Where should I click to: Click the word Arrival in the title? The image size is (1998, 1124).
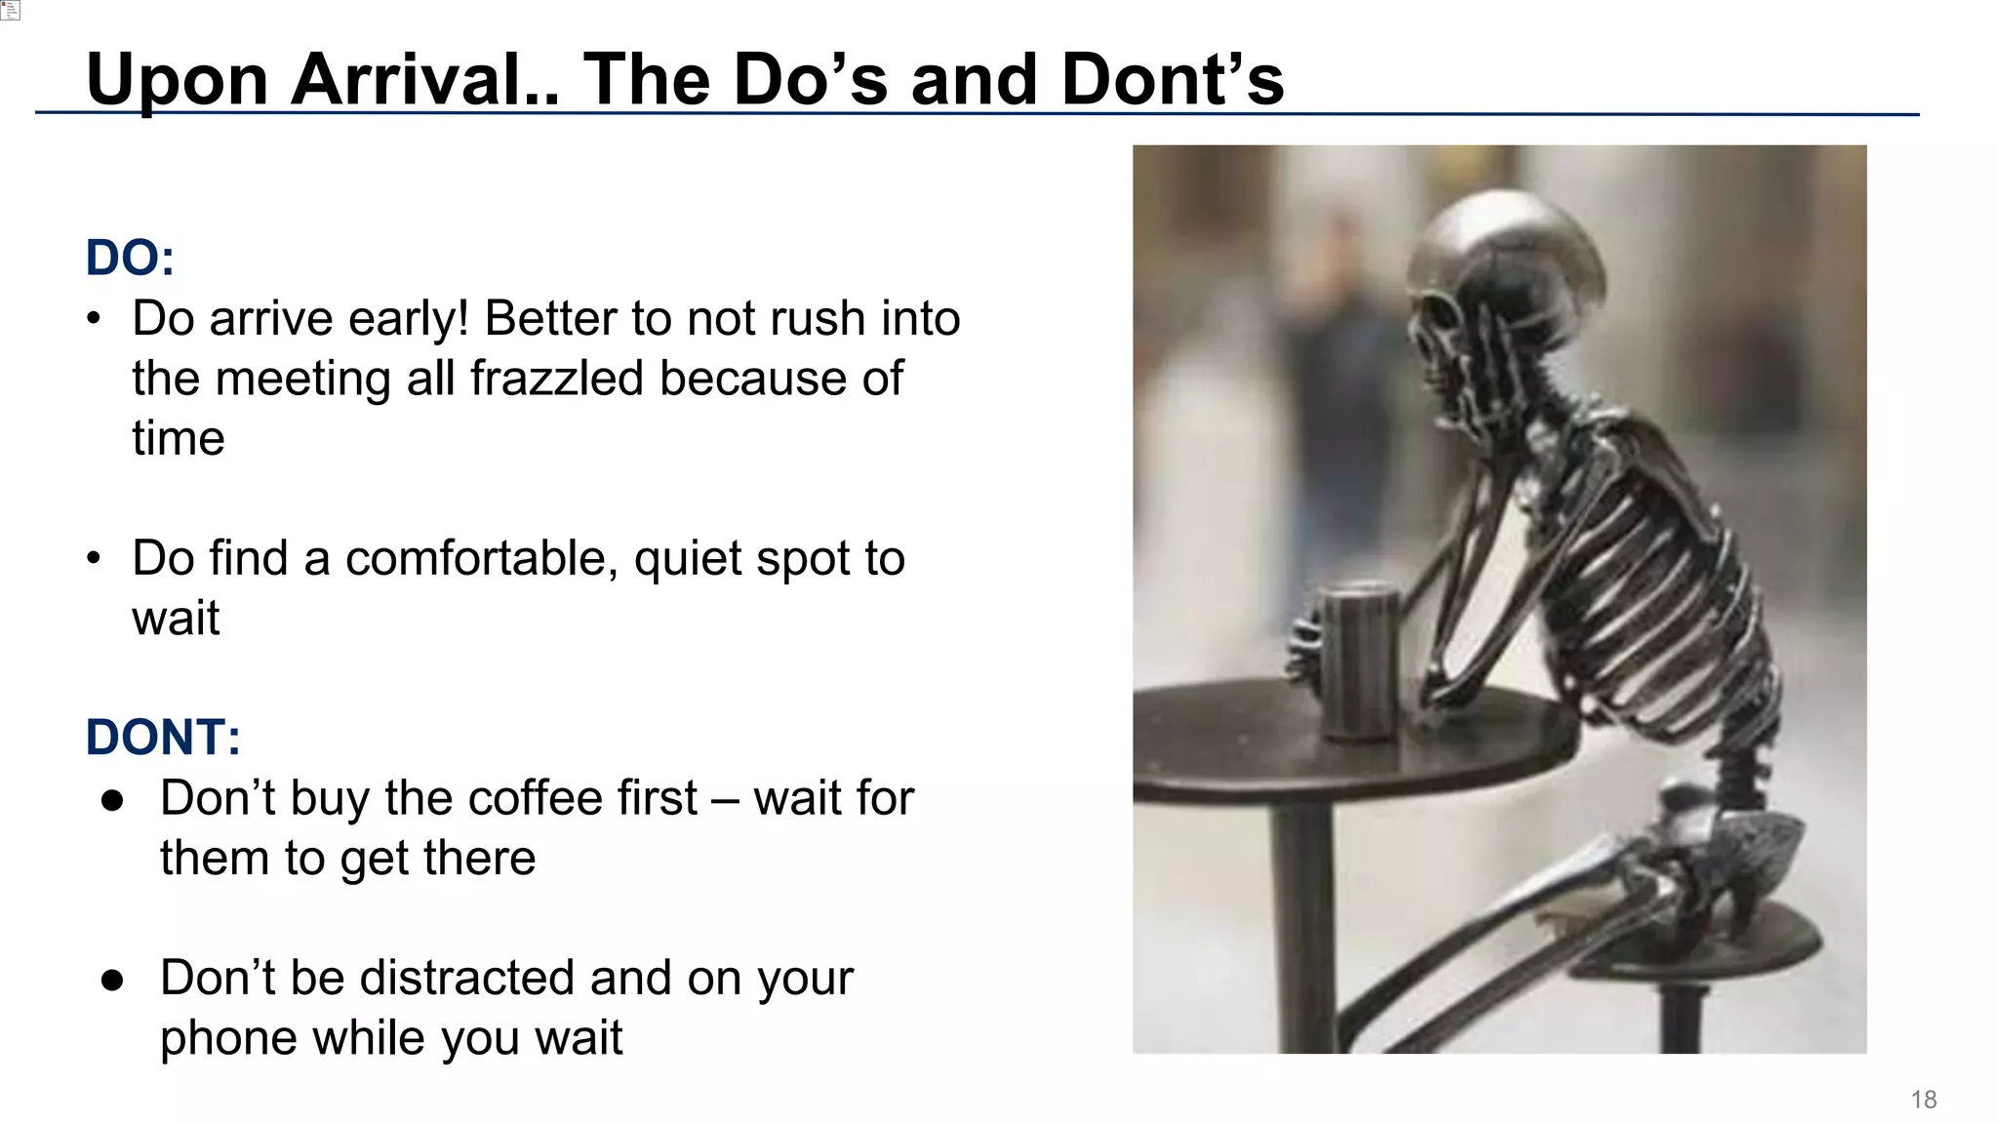(424, 80)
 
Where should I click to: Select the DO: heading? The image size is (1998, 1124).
(130, 259)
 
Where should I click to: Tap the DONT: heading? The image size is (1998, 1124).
(163, 738)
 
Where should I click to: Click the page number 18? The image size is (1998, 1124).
(1923, 1100)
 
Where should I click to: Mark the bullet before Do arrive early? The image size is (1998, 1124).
(94, 319)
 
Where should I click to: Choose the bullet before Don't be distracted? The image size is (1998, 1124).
(112, 979)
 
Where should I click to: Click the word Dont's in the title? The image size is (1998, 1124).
(1173, 80)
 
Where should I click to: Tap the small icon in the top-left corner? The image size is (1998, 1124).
(10, 10)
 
